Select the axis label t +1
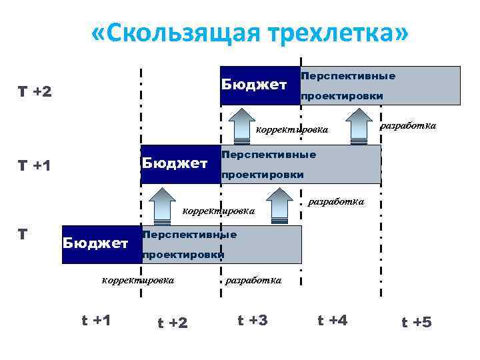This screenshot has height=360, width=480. (x=95, y=320)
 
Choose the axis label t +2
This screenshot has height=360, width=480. (x=173, y=323)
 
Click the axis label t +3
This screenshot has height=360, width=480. (x=253, y=320)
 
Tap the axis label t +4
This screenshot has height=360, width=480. (x=333, y=320)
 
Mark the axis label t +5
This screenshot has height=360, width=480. (x=417, y=323)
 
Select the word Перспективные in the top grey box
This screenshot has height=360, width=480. (x=348, y=76)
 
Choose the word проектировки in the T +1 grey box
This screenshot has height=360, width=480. (x=263, y=175)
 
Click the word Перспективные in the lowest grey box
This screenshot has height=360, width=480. (x=190, y=235)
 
